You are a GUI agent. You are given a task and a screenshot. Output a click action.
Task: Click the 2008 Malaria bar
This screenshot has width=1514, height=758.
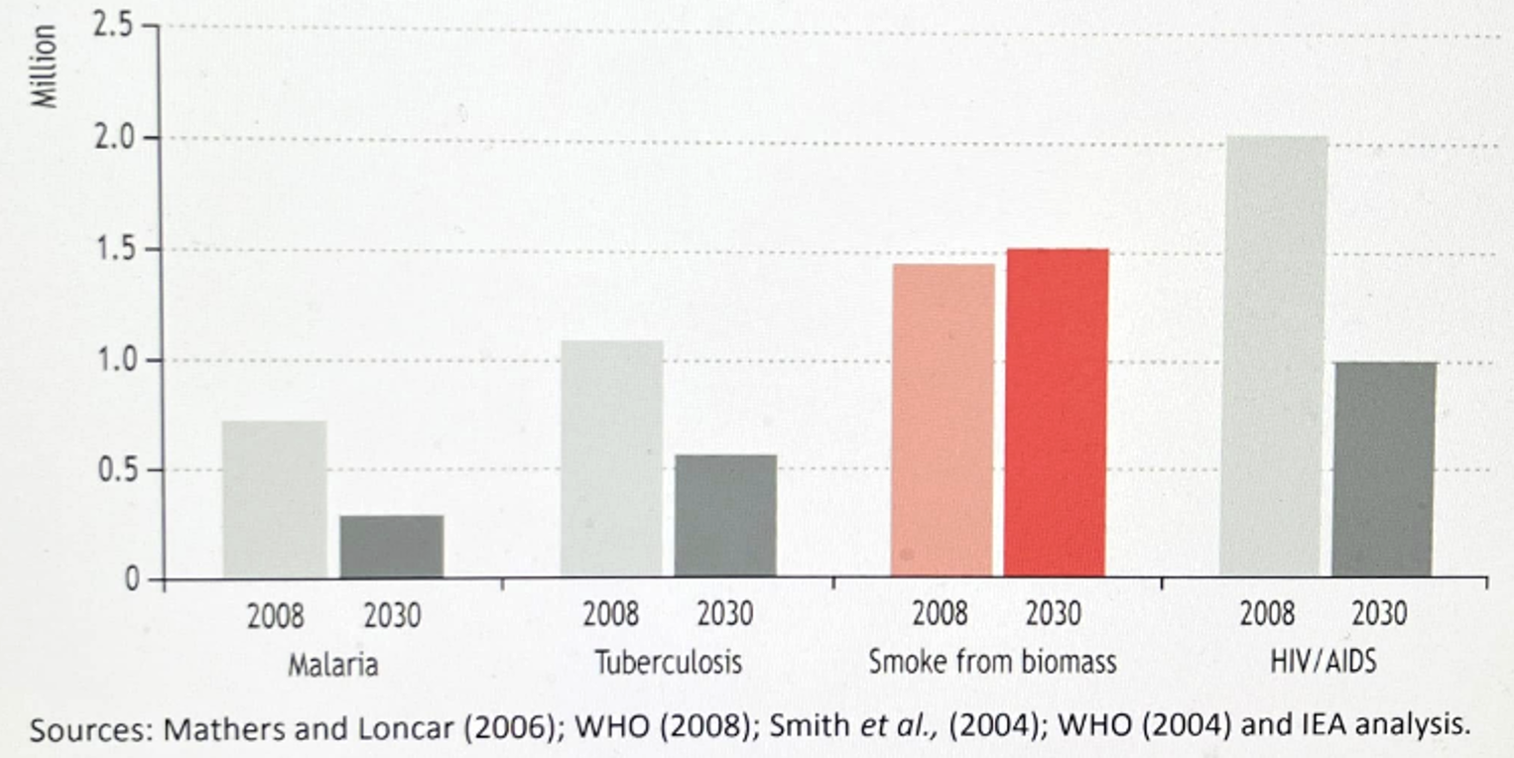click(275, 499)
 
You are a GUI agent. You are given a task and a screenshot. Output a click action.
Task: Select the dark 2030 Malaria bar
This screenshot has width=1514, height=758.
click(392, 546)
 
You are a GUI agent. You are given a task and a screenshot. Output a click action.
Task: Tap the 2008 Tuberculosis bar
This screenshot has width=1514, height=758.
click(611, 458)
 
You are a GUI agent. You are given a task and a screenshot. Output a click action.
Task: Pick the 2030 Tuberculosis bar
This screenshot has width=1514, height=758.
click(725, 516)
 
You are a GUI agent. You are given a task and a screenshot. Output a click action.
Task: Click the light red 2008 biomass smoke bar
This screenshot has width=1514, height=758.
click(942, 420)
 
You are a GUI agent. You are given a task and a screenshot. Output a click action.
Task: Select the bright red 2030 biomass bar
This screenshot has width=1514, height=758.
click(1057, 413)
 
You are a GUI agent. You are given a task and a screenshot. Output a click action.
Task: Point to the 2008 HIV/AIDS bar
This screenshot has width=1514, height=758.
click(1274, 356)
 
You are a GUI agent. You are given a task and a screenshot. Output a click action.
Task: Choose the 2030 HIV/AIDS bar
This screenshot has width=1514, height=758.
click(1384, 469)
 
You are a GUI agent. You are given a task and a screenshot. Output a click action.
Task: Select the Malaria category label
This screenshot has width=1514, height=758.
click(333, 663)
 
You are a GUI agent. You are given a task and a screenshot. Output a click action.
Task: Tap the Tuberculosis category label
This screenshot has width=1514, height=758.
click(669, 662)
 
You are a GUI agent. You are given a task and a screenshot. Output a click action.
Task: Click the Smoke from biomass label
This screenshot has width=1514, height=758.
click(992, 661)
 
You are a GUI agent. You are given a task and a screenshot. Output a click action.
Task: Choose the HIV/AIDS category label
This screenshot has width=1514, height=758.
click(1324, 661)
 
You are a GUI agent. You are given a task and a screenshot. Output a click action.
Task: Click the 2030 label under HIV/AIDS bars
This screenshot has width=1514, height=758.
click(1379, 615)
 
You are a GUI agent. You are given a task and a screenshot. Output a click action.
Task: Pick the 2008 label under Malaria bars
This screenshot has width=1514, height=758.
click(276, 616)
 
